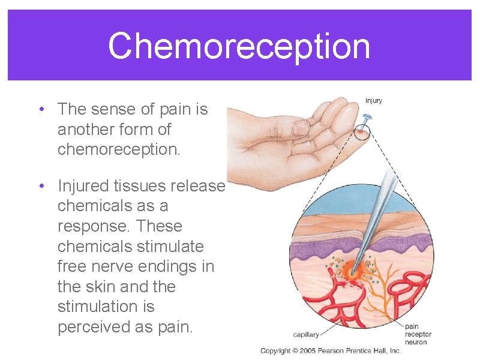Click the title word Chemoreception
239,46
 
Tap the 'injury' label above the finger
373,101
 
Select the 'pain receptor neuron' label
418,334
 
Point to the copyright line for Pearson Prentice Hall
330,350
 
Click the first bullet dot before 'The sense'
41,109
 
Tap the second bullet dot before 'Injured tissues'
41,186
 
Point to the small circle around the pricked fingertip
362,131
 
